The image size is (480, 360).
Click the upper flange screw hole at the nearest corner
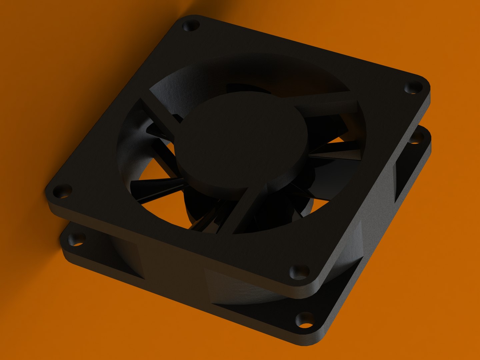[298, 272]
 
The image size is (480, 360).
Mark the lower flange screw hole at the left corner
[76, 240]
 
